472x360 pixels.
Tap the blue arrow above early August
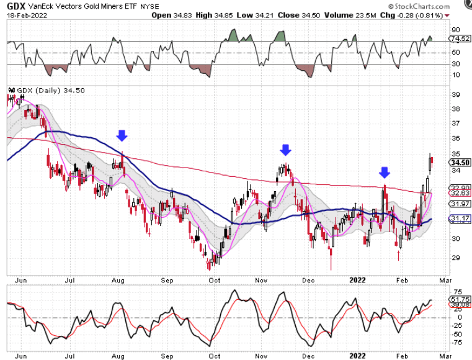point(122,135)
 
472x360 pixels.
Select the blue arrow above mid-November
point(285,149)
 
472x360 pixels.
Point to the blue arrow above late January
point(385,172)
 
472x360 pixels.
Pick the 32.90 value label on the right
point(456,187)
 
